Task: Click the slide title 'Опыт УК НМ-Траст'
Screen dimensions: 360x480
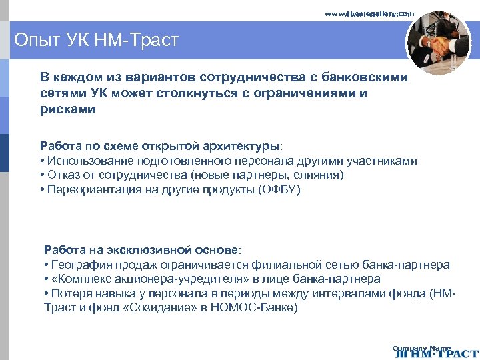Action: (x=96, y=41)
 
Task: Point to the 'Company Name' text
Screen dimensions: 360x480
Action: (x=421, y=347)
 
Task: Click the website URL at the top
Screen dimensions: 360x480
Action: (x=369, y=13)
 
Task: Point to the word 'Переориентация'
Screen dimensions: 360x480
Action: (x=89, y=190)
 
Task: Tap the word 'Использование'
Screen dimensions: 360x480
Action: (x=90, y=161)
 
